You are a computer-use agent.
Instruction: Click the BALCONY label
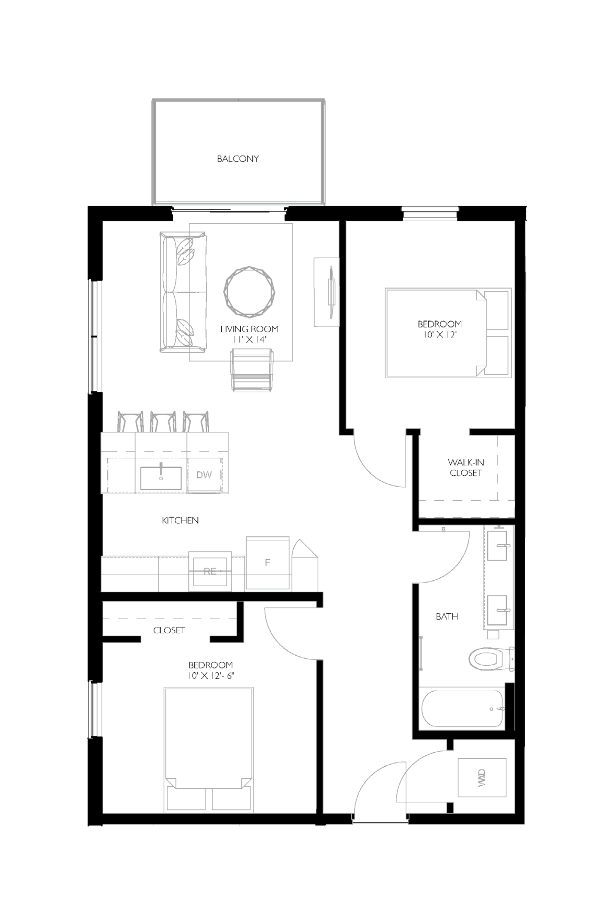click(x=238, y=158)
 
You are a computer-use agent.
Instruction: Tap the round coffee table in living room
click(x=249, y=291)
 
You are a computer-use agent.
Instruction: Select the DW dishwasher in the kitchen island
click(x=205, y=475)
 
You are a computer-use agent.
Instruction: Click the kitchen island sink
click(x=161, y=478)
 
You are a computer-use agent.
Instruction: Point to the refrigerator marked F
click(x=268, y=562)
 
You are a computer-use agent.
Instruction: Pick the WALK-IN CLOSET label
click(x=466, y=467)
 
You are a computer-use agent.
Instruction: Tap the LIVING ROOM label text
click(x=249, y=329)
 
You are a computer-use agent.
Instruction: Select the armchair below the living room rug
click(x=252, y=370)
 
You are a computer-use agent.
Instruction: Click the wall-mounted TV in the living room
click(x=330, y=292)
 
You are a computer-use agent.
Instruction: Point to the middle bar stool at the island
click(x=163, y=422)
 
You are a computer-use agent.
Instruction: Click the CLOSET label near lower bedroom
click(x=169, y=630)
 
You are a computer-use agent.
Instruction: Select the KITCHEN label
click(x=180, y=520)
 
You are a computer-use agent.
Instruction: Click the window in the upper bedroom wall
click(x=430, y=213)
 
